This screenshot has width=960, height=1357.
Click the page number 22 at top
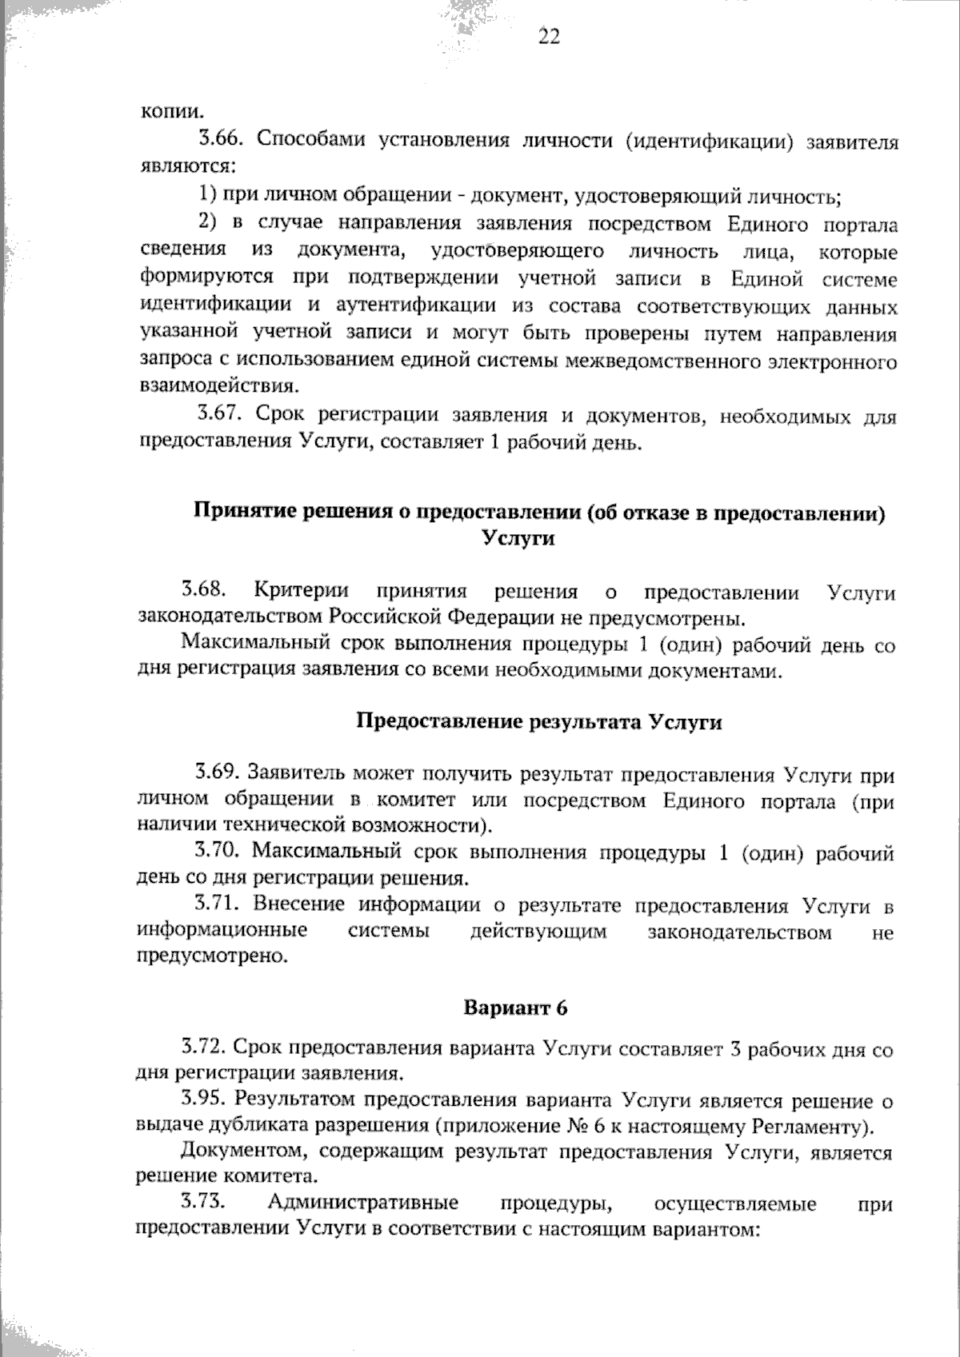549,37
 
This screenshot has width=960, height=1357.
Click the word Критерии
302,591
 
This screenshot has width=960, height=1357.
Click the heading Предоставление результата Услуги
538,722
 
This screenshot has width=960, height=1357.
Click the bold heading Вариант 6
515,1008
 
